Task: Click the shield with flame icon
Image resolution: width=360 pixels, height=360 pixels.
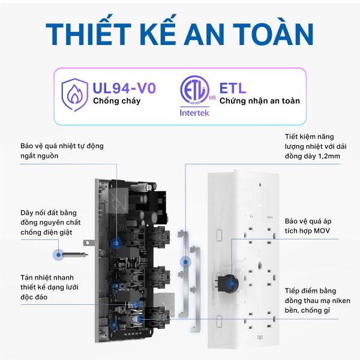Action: click(x=74, y=95)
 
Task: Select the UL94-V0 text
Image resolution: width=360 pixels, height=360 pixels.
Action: click(x=124, y=88)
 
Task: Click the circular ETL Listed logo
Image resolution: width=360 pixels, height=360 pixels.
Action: click(x=194, y=90)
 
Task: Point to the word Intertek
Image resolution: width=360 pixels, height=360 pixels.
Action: click(x=194, y=113)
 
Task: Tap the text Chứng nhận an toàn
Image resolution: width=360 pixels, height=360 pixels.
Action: click(x=259, y=101)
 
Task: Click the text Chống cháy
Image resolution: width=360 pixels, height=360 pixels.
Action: click(x=116, y=101)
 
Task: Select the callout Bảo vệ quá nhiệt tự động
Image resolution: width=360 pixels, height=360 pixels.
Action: click(x=62, y=151)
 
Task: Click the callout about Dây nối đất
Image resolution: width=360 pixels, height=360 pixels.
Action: click(x=50, y=222)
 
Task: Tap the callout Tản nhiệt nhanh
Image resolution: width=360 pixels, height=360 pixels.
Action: click(x=49, y=287)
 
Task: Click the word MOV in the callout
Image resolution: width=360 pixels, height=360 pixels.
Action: click(x=322, y=230)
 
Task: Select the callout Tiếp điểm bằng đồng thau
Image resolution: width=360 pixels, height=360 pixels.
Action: click(x=317, y=301)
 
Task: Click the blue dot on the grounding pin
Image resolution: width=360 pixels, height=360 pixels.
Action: click(x=59, y=254)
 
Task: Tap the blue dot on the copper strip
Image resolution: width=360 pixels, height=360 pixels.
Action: click(x=185, y=262)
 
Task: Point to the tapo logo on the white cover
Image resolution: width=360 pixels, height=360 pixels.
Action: click(x=260, y=337)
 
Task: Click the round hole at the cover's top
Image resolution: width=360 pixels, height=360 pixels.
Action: click(x=260, y=184)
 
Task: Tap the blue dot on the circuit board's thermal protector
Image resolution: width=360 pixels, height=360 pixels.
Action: click(x=116, y=242)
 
